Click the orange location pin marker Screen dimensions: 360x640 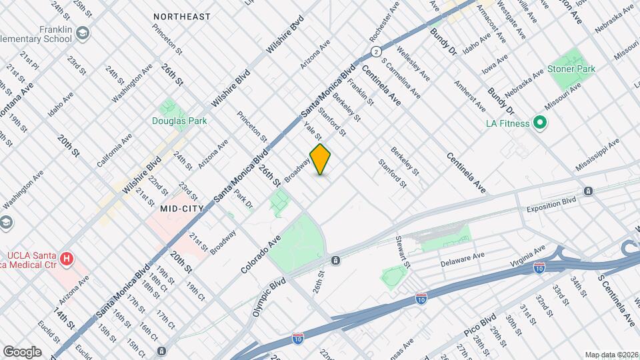tap(320, 159)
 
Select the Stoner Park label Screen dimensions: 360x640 tap(571, 69)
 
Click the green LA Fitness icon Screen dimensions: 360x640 tap(540, 123)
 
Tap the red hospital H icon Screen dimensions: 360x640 tap(66, 257)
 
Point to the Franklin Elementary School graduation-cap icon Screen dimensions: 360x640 tap(82, 33)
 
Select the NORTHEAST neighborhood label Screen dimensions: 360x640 tap(181, 16)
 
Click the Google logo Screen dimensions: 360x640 tap(22, 351)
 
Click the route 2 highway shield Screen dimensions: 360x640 tap(377, 51)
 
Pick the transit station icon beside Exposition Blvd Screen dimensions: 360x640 tap(589, 191)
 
